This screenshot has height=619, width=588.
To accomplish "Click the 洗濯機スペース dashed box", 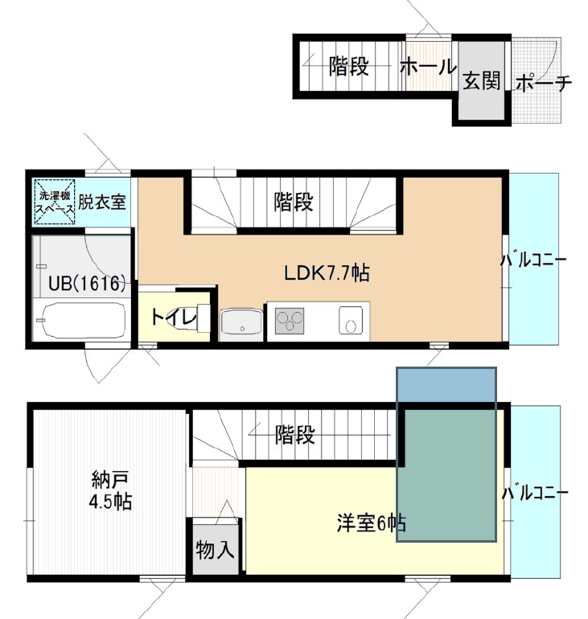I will pos(55,201).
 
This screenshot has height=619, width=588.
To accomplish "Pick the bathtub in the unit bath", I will pos(81,322).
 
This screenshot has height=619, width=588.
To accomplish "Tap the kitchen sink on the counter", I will pos(352,321).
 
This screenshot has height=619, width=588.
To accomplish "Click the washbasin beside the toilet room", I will pos(240,323).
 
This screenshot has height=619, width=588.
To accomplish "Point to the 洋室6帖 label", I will pos(370,524).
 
